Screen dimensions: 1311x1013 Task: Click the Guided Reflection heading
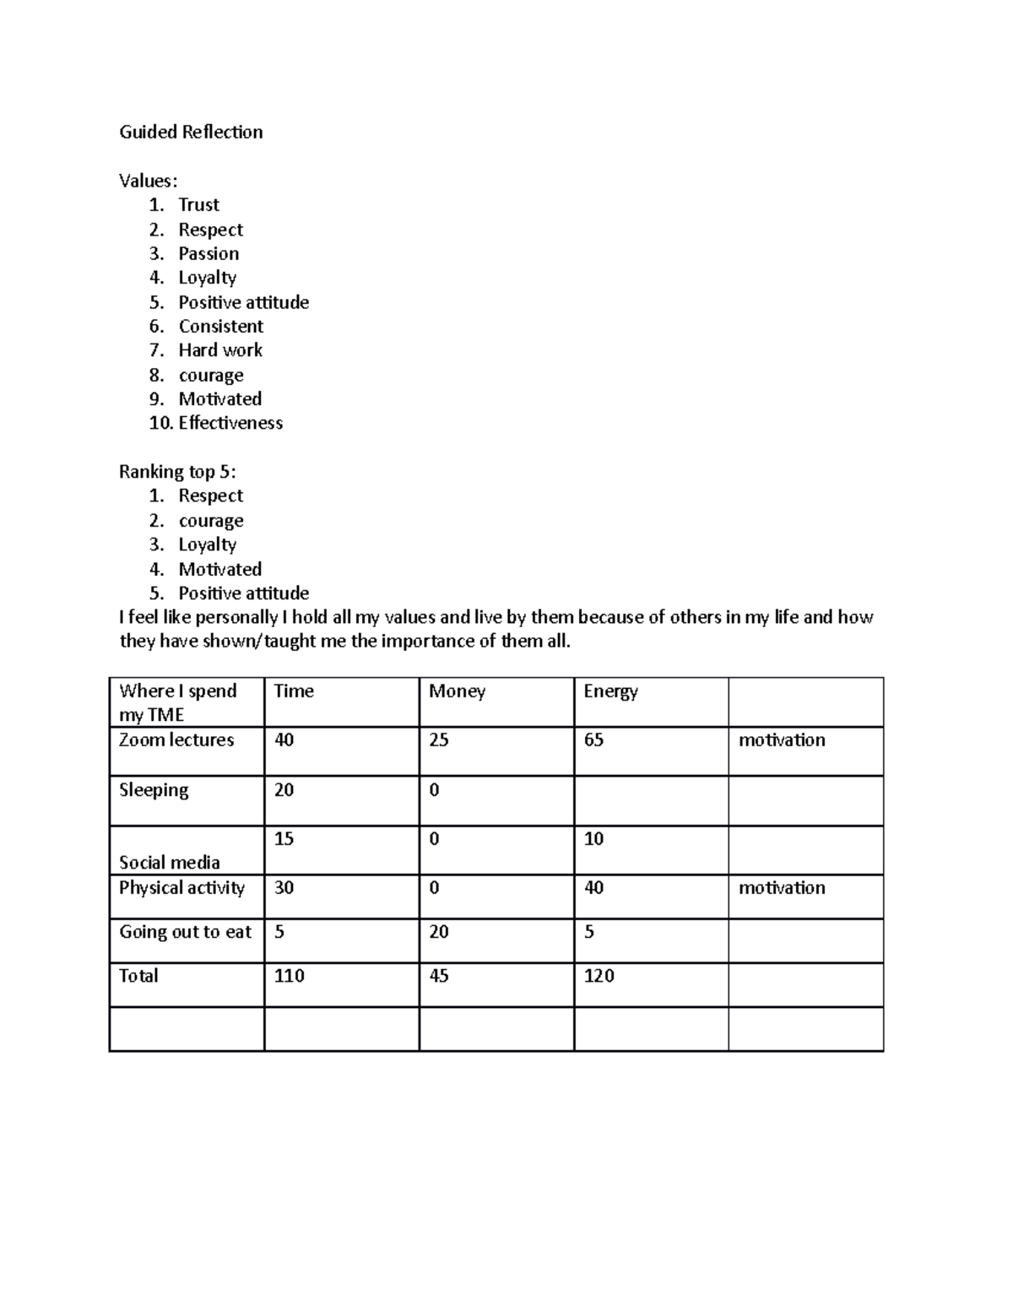coord(191,132)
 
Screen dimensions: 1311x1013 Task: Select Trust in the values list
coord(198,205)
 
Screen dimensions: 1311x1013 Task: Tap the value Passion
coord(209,254)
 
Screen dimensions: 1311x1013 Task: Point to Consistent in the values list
coord(220,327)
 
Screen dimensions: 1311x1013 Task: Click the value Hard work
coord(220,350)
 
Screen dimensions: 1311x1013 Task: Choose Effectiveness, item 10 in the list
coord(230,423)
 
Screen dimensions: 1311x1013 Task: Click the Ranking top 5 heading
coord(177,472)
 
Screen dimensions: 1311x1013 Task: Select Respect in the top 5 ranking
coord(210,496)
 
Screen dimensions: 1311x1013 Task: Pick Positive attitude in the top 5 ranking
coord(243,593)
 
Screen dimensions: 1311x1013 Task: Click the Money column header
coord(457,691)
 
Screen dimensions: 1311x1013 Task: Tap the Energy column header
coord(610,691)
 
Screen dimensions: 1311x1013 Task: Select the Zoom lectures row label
coord(176,740)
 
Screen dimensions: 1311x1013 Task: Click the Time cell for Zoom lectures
coord(284,740)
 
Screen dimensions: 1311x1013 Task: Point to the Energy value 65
coord(593,740)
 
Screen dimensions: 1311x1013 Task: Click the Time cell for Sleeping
coord(284,790)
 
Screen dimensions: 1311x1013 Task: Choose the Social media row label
coord(170,862)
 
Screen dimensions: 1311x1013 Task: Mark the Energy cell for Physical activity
coord(593,888)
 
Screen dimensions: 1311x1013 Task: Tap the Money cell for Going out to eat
coord(439,932)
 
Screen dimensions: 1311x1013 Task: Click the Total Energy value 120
coord(599,976)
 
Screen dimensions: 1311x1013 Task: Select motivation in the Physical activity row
coord(782,888)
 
